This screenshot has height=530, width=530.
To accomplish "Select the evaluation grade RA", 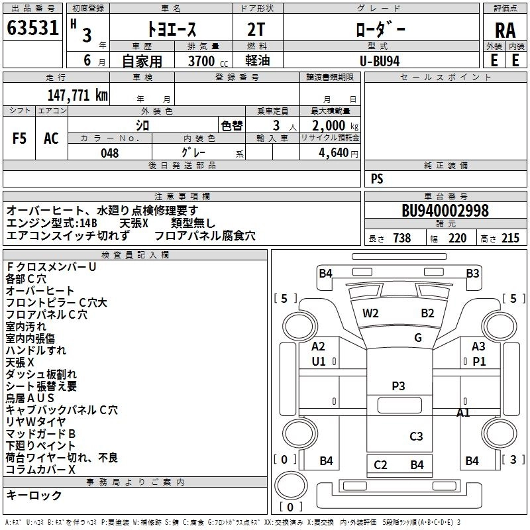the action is (505, 30).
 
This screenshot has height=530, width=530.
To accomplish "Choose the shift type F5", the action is (19, 138).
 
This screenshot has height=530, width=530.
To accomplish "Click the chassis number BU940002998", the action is (445, 211).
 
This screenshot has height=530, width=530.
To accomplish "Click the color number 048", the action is (110, 153).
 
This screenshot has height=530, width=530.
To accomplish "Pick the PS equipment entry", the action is (377, 179).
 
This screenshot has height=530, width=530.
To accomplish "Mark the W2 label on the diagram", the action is (370, 313).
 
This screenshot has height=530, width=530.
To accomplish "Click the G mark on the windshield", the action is (418, 338).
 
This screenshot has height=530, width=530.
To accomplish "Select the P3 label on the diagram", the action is (398, 386).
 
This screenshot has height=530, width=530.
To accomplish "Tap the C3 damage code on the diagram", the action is (416, 436).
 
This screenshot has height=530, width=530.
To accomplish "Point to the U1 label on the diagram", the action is (319, 361).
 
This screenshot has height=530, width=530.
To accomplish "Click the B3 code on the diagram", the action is (472, 273).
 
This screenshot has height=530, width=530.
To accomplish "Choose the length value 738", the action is (401, 238).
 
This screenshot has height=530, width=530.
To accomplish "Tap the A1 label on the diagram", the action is (464, 412).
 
